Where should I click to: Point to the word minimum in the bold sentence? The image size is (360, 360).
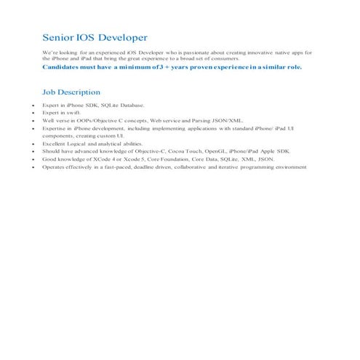(x=141, y=67)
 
